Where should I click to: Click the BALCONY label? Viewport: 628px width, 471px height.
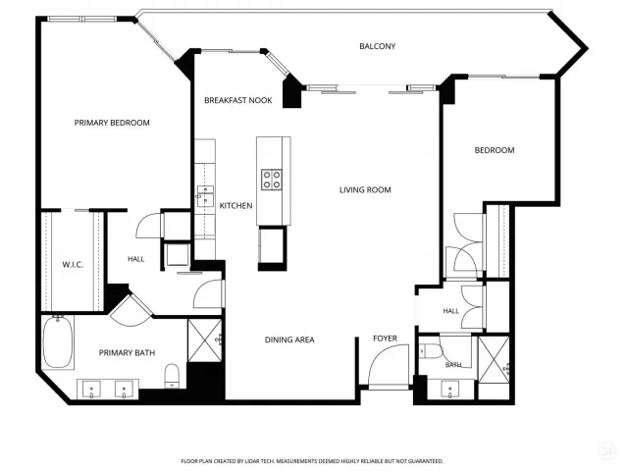click(377, 46)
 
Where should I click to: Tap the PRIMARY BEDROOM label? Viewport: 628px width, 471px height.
click(112, 123)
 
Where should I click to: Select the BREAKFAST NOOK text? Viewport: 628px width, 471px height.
click(238, 100)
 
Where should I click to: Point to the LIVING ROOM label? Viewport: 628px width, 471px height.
click(365, 189)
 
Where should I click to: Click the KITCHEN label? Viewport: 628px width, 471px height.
click(235, 205)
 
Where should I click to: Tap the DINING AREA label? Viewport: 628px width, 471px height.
click(289, 340)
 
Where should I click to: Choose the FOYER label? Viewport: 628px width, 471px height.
click(386, 339)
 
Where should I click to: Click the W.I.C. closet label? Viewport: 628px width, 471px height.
click(73, 264)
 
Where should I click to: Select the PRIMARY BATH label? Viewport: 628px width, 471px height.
click(127, 353)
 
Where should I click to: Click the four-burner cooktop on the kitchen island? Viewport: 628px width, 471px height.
click(272, 180)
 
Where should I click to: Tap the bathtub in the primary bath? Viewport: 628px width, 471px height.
click(58, 342)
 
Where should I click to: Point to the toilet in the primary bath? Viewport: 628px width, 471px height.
click(173, 376)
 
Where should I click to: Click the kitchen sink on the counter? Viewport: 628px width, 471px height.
click(205, 196)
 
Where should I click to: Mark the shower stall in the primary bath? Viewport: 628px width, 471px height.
click(205, 340)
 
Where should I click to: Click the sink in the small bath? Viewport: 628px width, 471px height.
click(450, 390)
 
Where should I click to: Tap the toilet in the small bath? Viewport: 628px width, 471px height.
click(431, 351)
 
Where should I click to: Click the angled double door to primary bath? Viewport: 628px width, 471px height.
click(131, 310)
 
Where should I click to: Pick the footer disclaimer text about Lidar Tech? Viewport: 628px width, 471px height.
click(312, 461)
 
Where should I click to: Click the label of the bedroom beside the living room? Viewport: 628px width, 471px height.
click(495, 150)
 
